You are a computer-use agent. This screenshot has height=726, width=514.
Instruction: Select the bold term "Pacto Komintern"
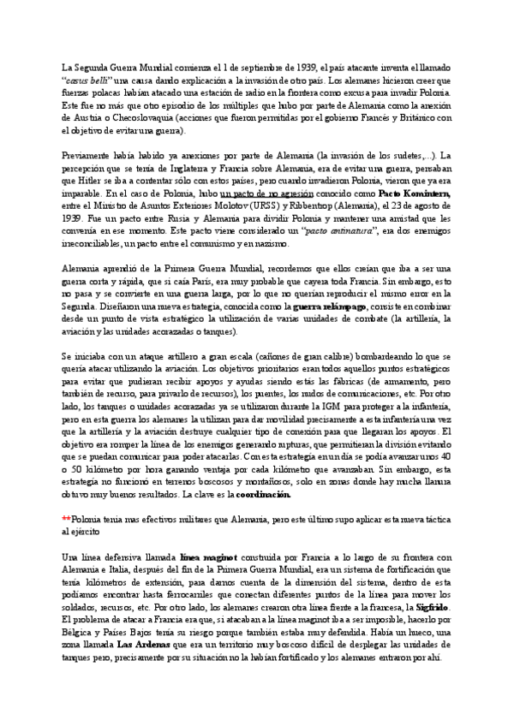pos(415,194)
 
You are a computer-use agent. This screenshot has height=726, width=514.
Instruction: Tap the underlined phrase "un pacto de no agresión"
pos(266,194)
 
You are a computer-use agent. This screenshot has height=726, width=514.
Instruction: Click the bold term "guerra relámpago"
pos(329,306)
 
